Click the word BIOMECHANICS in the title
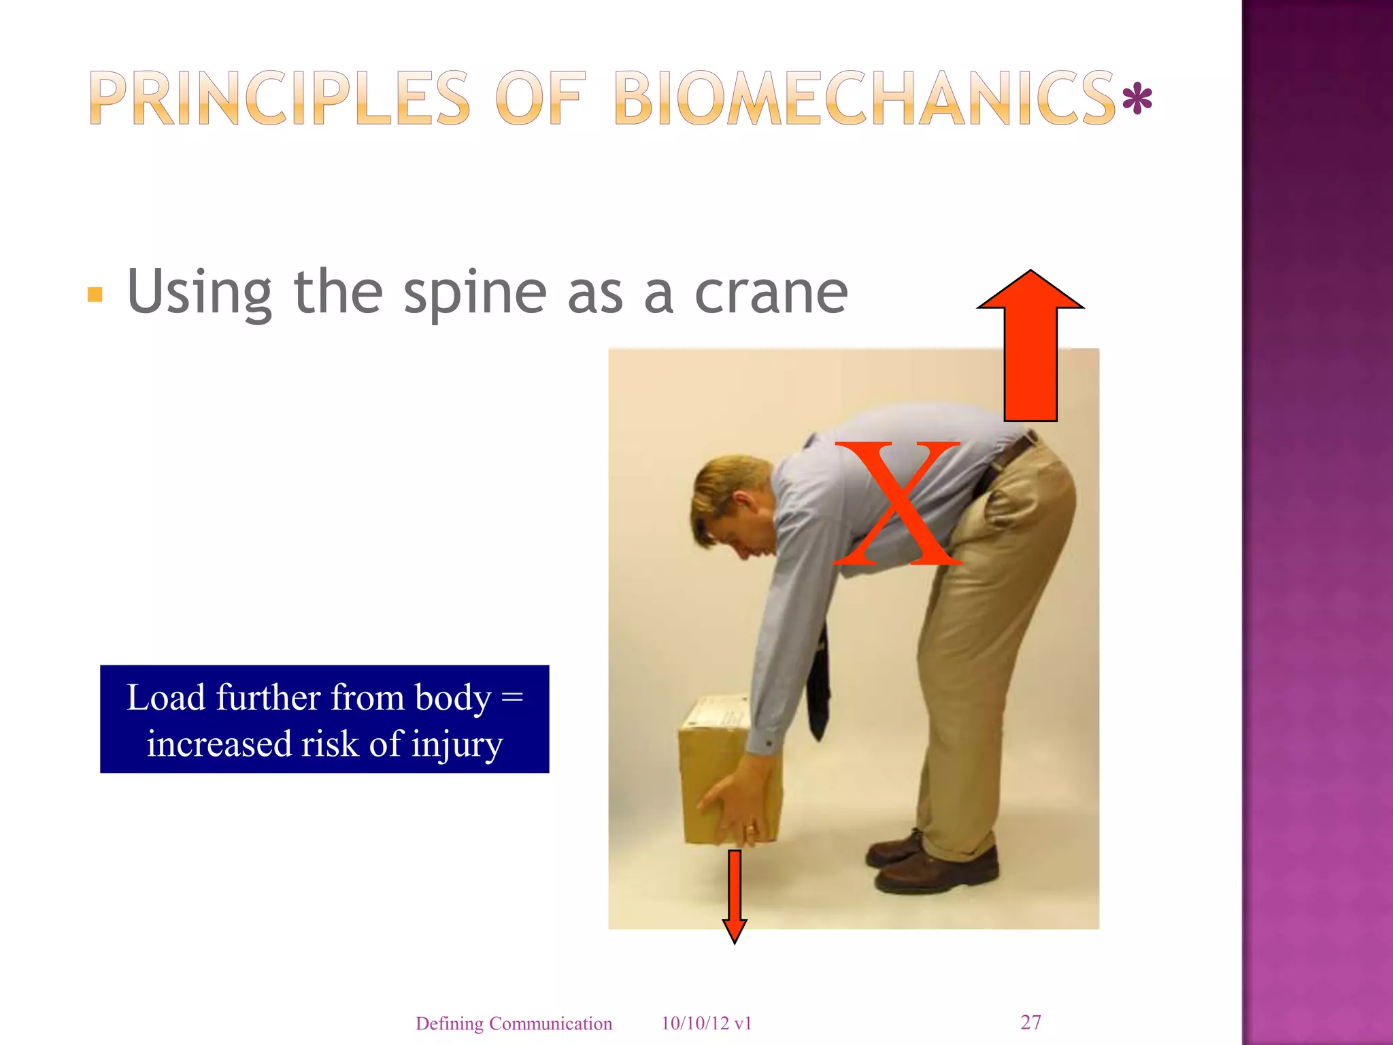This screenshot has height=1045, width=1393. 864,100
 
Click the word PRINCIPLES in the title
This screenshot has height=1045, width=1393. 279,100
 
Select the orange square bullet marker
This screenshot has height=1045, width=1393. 95,295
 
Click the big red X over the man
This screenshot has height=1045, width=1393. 896,503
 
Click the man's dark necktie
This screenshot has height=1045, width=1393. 819,687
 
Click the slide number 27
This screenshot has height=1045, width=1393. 1030,1022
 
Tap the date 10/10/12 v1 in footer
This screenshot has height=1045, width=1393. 706,1023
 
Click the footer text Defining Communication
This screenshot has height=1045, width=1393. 514,1023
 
